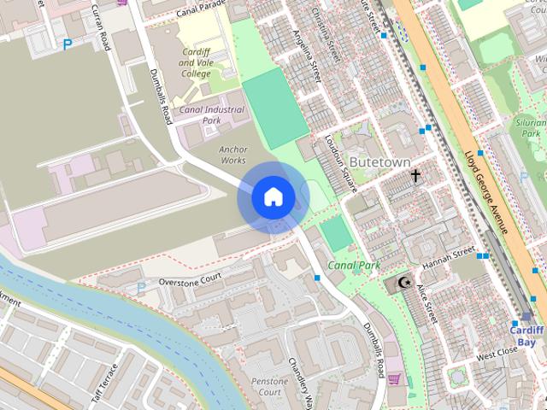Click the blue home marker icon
click(x=273, y=197)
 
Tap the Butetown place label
click(x=379, y=161)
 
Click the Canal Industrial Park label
click(x=212, y=114)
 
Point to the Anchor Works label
click(x=232, y=155)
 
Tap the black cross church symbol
click(x=416, y=177)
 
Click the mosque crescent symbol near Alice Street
click(x=404, y=282)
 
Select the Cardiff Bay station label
click(x=526, y=336)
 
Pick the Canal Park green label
click(x=354, y=266)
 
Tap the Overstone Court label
click(x=190, y=278)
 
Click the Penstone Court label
click(x=269, y=385)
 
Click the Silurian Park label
click(x=532, y=128)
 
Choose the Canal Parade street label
click(x=203, y=10)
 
